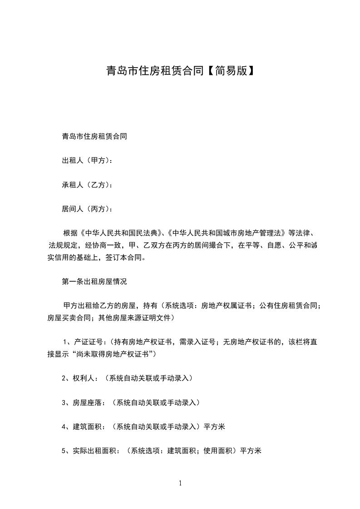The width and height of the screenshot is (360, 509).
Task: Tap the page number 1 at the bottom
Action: pyautogui.click(x=180, y=484)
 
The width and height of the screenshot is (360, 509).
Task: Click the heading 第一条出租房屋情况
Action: pyautogui.click(x=94, y=282)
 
